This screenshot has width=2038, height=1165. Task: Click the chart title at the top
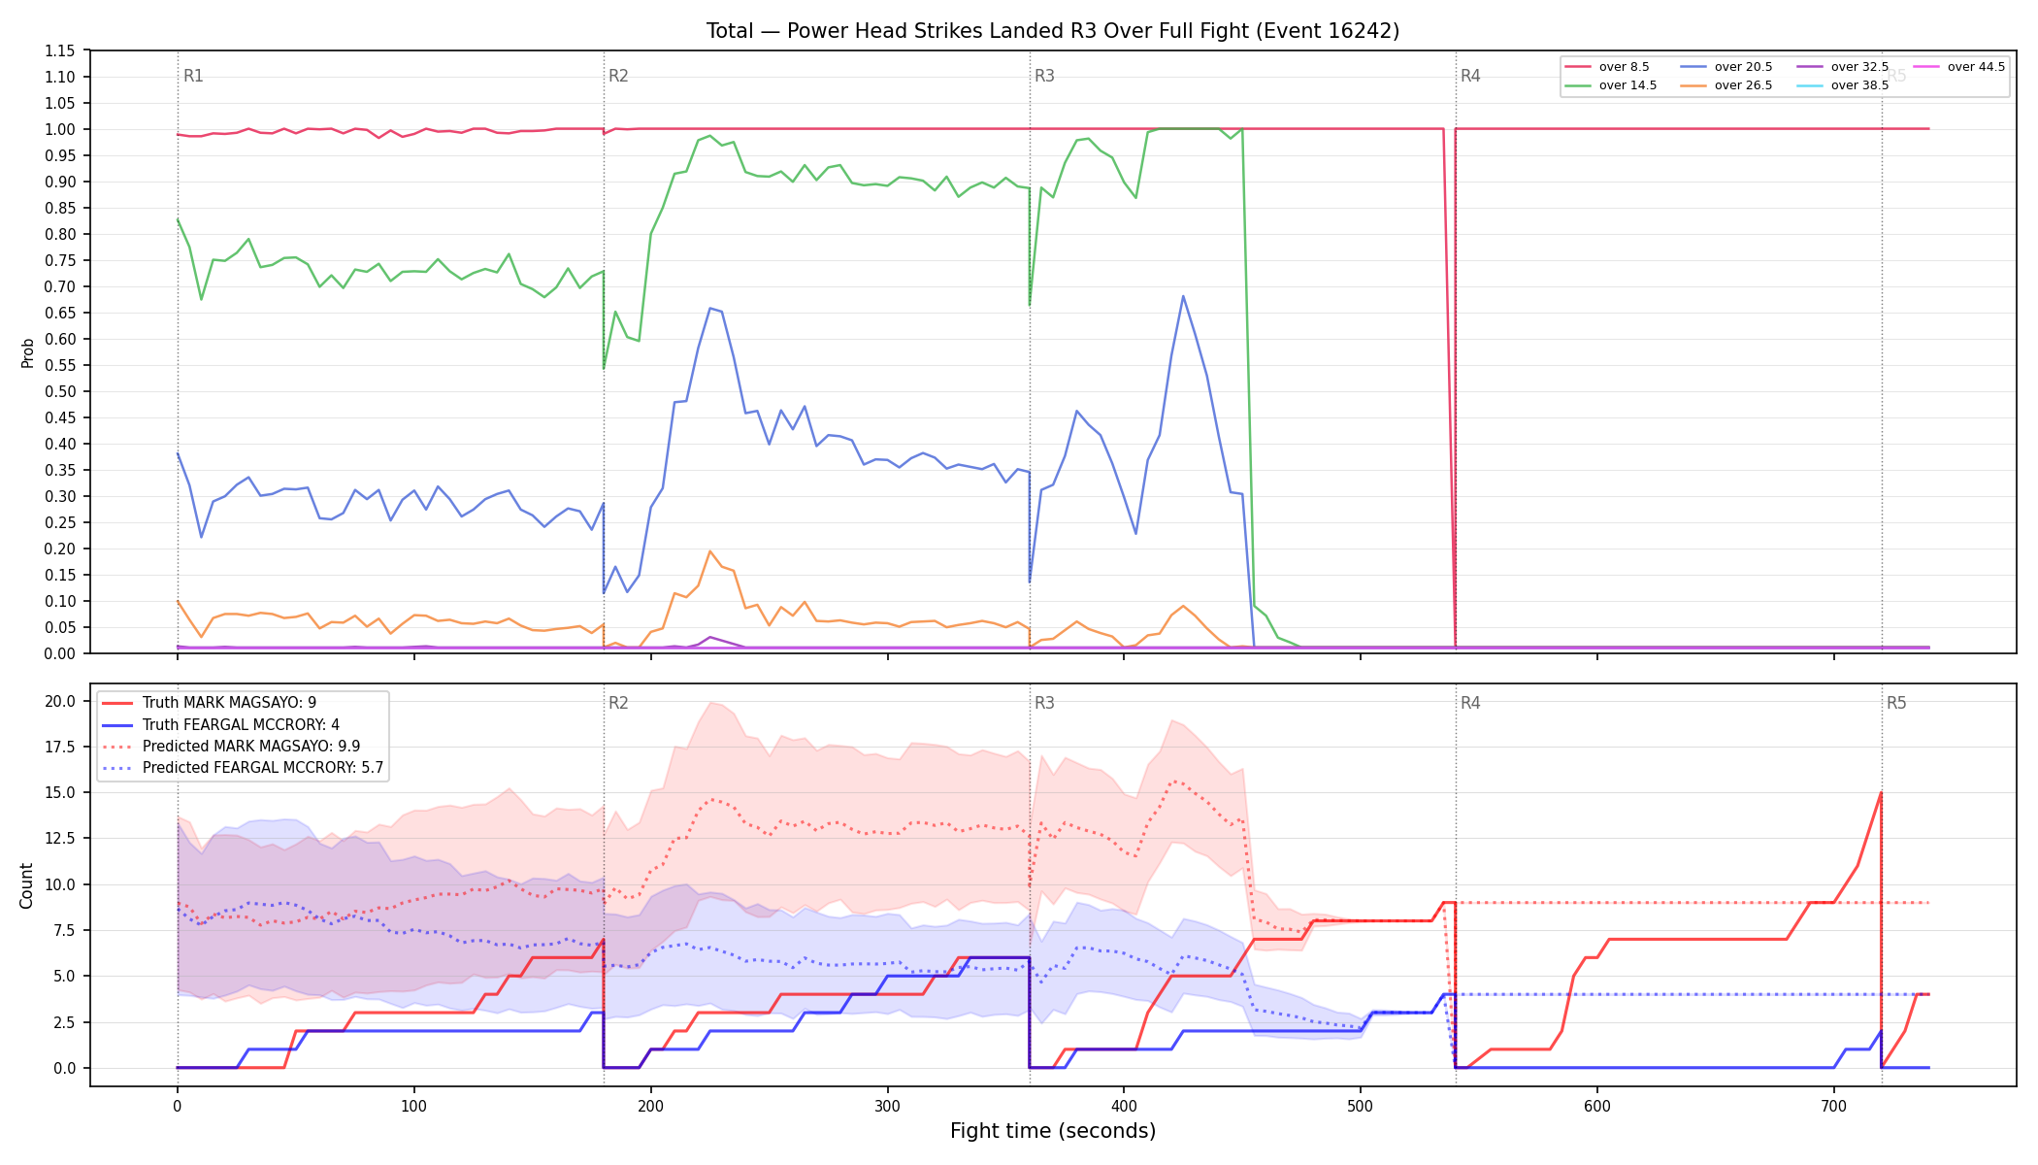pos(1053,31)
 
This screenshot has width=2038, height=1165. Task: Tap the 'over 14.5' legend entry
pos(1610,85)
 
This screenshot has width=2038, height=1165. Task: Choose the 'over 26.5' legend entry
pos(1726,85)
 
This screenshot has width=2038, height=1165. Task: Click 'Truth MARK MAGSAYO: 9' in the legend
pos(210,703)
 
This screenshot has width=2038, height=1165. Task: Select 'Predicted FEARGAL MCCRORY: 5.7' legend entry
pos(243,768)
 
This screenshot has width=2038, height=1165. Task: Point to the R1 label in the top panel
pos(193,76)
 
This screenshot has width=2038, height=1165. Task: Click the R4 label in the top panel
pos(1470,76)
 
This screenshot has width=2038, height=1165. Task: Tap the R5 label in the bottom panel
pos(1896,703)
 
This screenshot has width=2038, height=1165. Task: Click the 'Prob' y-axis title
pos(27,352)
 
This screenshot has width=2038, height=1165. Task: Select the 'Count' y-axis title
pos(26,885)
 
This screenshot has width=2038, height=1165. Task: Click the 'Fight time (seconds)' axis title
pos(1053,1131)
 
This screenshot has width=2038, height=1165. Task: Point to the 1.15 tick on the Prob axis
pos(59,50)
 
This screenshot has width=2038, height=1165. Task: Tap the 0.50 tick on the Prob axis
pos(59,391)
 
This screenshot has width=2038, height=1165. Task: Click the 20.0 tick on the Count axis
pos(59,701)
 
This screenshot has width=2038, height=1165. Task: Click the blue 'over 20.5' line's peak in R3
pos(1183,296)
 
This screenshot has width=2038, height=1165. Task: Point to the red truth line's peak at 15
pos(1881,792)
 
